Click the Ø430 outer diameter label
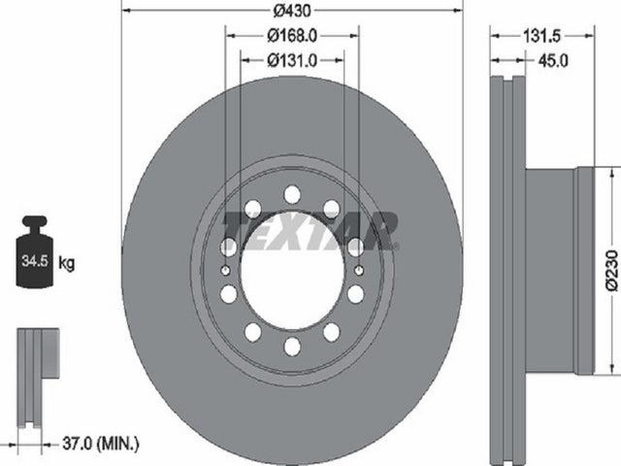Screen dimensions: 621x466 coord(292,11)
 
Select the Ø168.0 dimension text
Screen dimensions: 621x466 coord(292,36)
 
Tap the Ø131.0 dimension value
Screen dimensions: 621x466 coord(292,60)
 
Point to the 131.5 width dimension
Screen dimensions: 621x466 coord(542,37)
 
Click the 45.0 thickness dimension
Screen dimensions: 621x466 coord(553,60)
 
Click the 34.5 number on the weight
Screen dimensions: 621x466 coord(35,261)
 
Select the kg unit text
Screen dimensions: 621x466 coord(67,263)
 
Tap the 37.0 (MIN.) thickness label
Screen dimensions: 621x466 coord(101,444)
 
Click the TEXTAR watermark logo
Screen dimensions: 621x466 coord(310,231)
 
